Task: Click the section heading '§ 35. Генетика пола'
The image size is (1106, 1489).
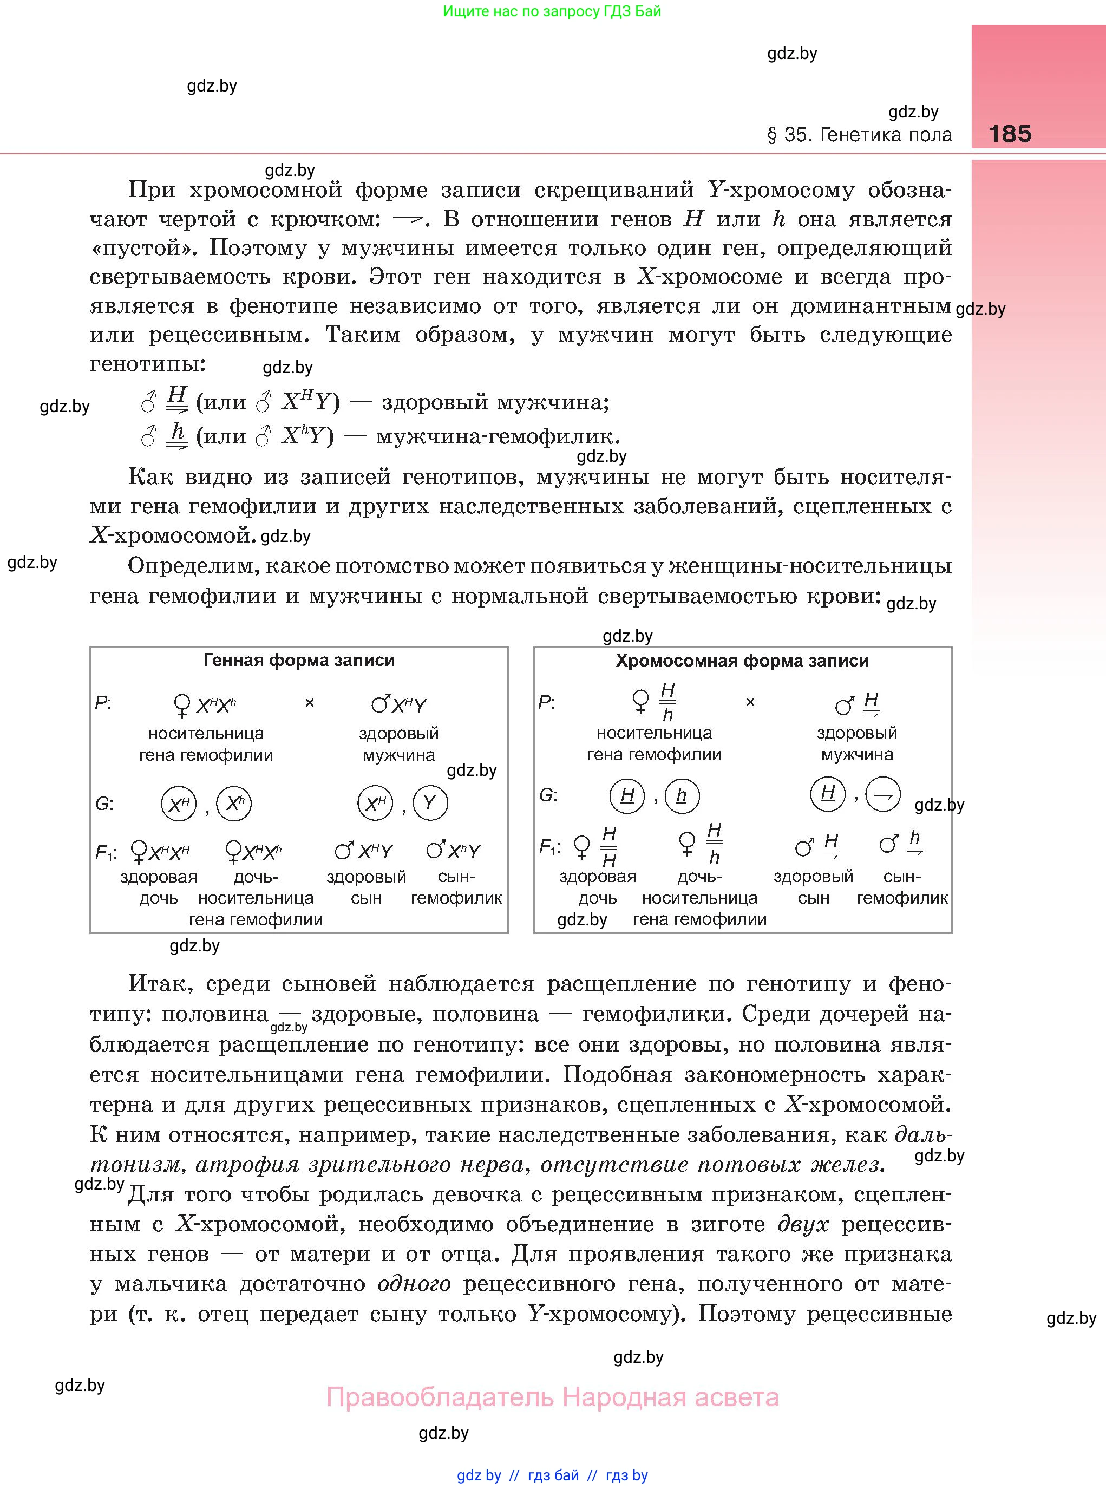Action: click(859, 135)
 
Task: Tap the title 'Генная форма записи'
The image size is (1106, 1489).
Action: click(299, 661)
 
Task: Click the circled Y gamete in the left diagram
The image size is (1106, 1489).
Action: click(430, 804)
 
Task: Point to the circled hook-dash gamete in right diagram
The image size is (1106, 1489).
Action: click(883, 795)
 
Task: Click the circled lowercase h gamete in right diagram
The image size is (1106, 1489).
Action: click(682, 796)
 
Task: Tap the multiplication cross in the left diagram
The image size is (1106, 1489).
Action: click(309, 703)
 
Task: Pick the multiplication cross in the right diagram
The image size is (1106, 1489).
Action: click(750, 702)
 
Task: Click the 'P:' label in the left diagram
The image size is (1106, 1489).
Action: click(103, 703)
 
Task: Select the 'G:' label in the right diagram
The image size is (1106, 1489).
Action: click(548, 795)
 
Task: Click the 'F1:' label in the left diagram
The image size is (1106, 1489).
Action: click(106, 853)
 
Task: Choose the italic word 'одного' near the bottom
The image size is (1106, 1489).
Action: click(414, 1284)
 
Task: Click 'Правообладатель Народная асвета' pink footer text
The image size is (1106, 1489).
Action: click(552, 1397)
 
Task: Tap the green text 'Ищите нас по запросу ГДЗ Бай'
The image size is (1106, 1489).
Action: click(552, 11)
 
